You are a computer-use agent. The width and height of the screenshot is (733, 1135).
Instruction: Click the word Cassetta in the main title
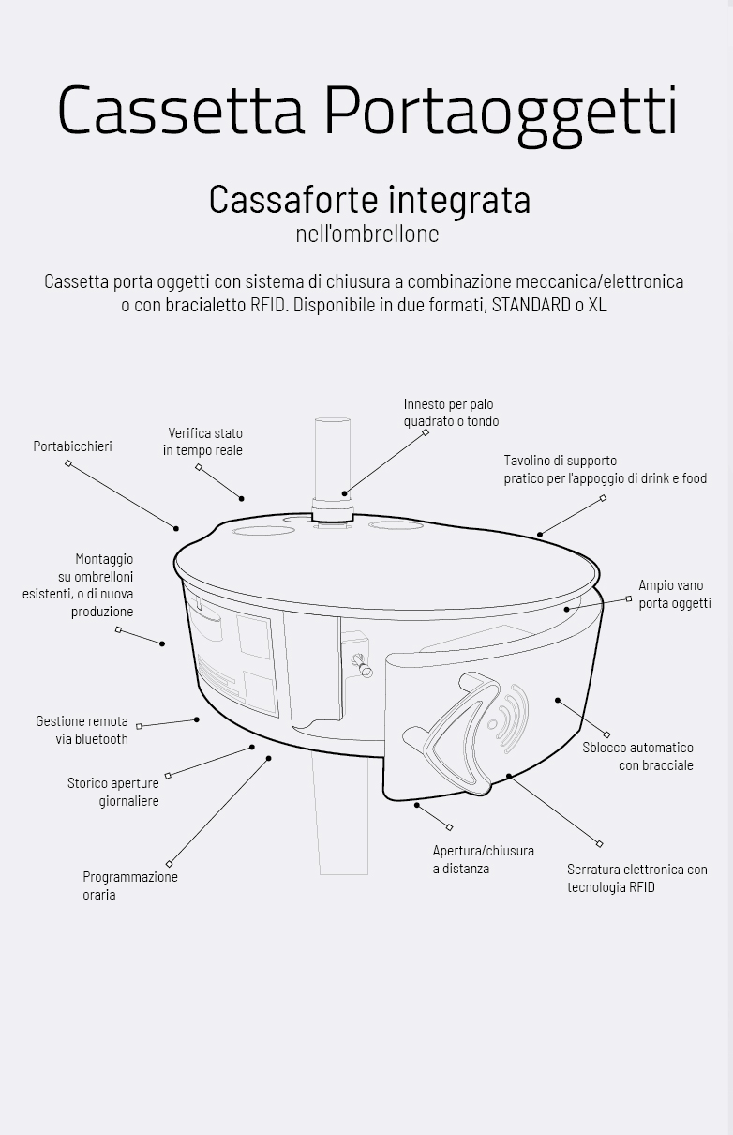(181, 110)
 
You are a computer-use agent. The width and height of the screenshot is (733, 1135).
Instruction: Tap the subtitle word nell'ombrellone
(366, 234)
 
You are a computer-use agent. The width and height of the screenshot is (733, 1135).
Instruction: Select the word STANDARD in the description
(531, 305)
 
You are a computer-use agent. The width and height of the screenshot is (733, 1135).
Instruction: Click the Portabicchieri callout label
(72, 446)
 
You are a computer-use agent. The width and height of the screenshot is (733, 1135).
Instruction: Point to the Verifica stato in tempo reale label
(202, 442)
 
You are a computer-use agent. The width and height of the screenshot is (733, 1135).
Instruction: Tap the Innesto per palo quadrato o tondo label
(451, 413)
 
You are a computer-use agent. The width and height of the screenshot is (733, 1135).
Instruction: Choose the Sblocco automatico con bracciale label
(637, 756)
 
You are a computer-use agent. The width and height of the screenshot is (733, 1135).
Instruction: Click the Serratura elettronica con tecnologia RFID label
(636, 878)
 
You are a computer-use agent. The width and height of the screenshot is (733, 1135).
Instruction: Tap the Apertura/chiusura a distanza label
(483, 859)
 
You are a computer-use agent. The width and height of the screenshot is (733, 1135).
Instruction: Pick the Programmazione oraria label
(129, 885)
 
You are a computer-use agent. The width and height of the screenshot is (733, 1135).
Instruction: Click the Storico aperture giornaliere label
(113, 792)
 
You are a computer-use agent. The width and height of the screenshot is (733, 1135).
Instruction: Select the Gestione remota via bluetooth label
(82, 730)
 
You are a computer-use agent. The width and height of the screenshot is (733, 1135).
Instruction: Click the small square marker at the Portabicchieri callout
(68, 463)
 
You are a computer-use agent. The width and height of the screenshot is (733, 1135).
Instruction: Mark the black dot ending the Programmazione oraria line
(269, 758)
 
